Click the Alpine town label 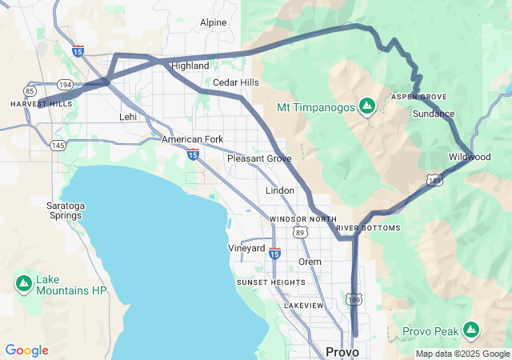click(x=214, y=22)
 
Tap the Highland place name click(x=190, y=66)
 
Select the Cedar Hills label click(x=236, y=82)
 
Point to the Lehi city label click(x=128, y=116)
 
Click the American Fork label click(x=193, y=139)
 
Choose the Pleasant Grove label click(x=259, y=158)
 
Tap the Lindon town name click(x=280, y=190)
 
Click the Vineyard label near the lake click(x=246, y=248)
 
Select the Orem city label click(x=310, y=262)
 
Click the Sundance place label click(x=434, y=114)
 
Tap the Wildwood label click(x=470, y=157)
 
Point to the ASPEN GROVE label click(x=418, y=96)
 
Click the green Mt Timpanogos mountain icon click(x=367, y=106)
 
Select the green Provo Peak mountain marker click(x=472, y=330)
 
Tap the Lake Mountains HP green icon click(x=24, y=282)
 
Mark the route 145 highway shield click(x=58, y=145)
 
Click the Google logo click(x=26, y=350)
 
